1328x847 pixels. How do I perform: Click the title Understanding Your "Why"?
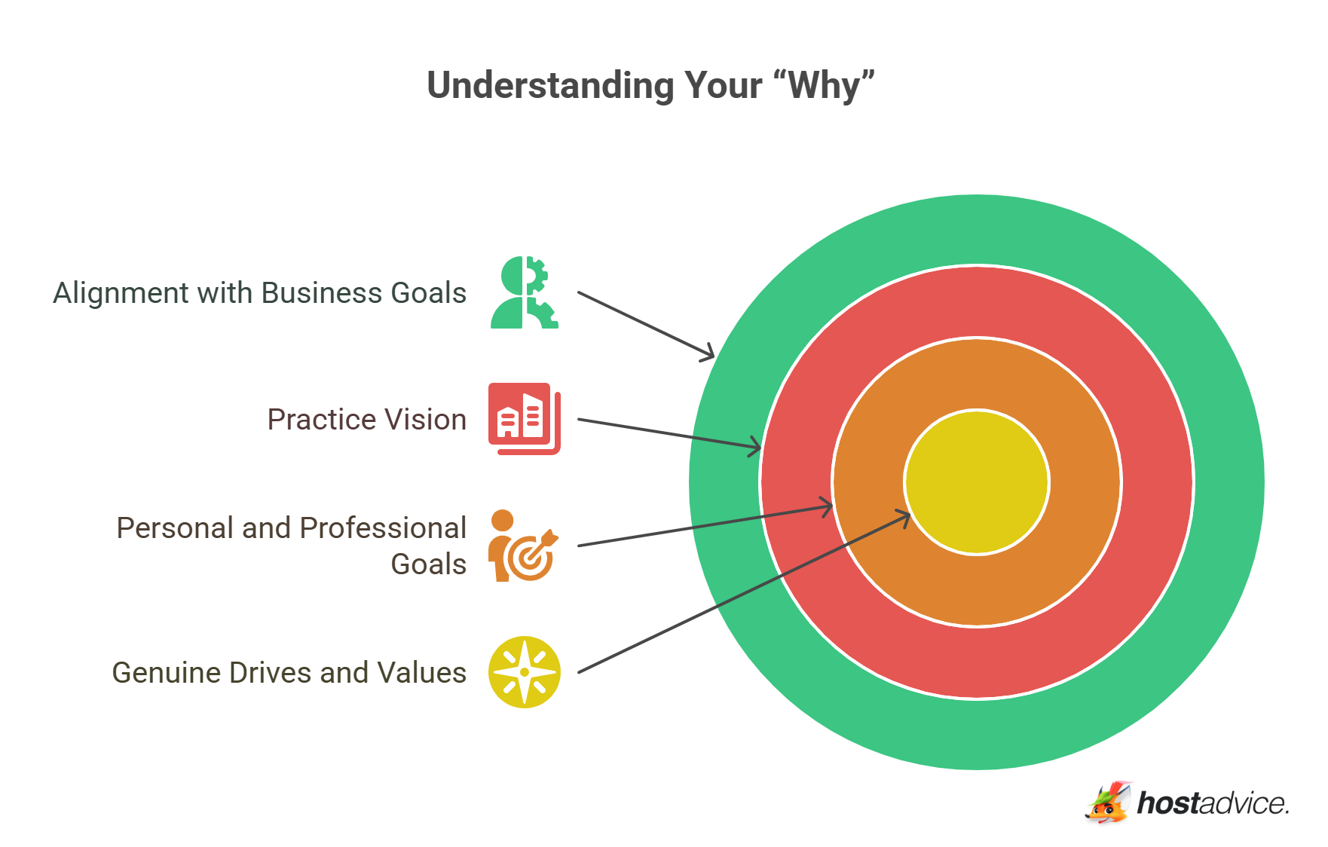point(651,85)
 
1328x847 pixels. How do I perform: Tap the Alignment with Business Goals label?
point(260,293)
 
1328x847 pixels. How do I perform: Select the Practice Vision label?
point(367,419)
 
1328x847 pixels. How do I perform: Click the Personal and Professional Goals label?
point(292,546)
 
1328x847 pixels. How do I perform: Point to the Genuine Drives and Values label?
point(289,672)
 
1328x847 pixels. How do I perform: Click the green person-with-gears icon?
point(525,292)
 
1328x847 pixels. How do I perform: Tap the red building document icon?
point(525,419)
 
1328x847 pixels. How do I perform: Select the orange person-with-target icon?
point(523,546)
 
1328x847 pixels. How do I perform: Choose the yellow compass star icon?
point(525,672)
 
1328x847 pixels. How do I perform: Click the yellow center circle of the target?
point(977,482)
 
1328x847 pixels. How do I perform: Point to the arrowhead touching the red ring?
point(754,446)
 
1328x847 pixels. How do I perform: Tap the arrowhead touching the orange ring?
point(825,507)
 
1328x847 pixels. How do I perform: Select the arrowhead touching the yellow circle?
point(903,518)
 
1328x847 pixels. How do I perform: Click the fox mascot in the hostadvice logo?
point(1109,802)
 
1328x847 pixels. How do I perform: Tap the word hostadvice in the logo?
point(1213,803)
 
